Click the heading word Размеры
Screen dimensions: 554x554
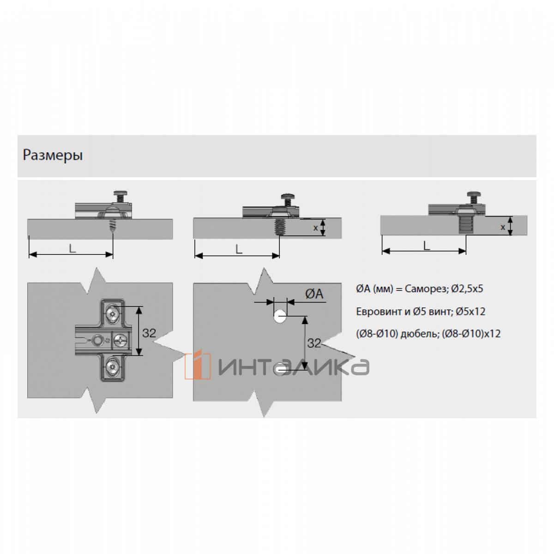[53, 156]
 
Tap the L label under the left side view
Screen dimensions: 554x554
[72, 248]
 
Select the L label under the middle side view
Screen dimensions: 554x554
[238, 249]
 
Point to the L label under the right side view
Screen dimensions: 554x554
[427, 246]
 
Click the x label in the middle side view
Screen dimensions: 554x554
[315, 228]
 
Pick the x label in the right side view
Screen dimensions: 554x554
[503, 227]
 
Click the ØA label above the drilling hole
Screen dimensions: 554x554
[314, 294]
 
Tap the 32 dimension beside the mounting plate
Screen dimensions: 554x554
[149, 333]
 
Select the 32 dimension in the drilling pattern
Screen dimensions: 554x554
[313, 343]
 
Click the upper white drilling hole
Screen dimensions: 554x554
[280, 317]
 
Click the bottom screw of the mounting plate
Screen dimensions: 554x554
[112, 367]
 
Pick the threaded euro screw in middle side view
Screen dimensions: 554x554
[277, 227]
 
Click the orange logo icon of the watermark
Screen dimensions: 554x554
[198, 365]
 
